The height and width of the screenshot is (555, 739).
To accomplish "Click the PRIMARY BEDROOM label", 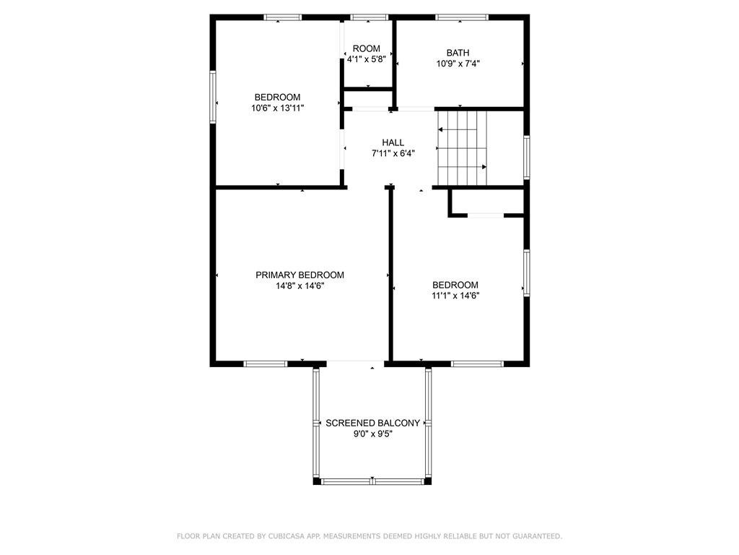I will click(x=299, y=275).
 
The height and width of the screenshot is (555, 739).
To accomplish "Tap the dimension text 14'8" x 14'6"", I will click(x=299, y=286).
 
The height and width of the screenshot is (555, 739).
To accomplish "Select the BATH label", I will click(x=458, y=53).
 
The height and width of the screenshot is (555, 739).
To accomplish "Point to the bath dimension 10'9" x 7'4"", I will click(x=458, y=64).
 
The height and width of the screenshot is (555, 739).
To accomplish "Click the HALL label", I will click(x=393, y=142).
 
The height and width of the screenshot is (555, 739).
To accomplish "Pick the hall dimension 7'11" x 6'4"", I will click(x=393, y=153).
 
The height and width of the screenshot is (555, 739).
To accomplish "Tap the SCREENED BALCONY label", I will click(x=372, y=423).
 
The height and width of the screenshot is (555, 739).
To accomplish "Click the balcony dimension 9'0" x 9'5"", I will click(x=372, y=434).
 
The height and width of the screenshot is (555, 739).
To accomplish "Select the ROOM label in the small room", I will click(x=367, y=49).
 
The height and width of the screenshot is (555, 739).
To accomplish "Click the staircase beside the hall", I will click(x=462, y=148).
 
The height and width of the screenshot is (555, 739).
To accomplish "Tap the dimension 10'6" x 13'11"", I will click(x=277, y=108).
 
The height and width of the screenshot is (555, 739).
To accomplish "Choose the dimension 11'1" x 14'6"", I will click(x=455, y=296).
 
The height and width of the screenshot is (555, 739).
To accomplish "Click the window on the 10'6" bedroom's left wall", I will click(x=213, y=96).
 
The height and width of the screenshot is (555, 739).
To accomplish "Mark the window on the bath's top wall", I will click(x=462, y=17).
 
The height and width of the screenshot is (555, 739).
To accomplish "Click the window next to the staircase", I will click(x=527, y=157).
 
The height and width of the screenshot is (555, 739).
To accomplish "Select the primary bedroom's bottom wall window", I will click(x=266, y=363).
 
